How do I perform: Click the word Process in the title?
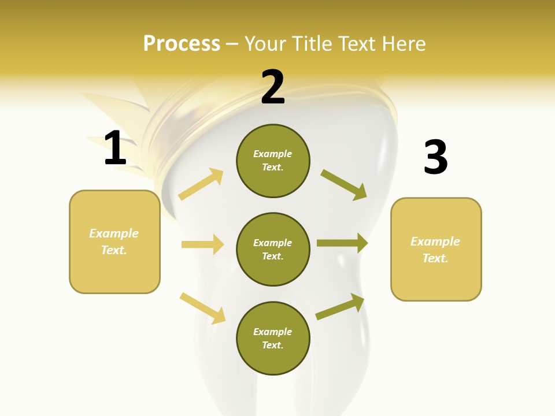click(182, 43)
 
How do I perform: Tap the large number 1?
click(115, 148)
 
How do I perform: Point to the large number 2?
click(273, 87)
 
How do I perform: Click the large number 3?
click(435, 157)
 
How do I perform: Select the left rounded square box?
click(114, 242)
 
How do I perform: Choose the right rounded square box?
click(436, 250)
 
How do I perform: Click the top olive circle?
click(273, 161)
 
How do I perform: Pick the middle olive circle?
click(273, 250)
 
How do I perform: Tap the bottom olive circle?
click(273, 339)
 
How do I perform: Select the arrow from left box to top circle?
click(201, 184)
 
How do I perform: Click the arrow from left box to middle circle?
click(202, 244)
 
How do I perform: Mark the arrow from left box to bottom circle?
click(202, 308)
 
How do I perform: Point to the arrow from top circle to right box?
click(343, 184)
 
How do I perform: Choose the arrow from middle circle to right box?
click(342, 243)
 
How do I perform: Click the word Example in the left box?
click(114, 233)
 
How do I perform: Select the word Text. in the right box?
click(435, 258)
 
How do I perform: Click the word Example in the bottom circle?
click(273, 332)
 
